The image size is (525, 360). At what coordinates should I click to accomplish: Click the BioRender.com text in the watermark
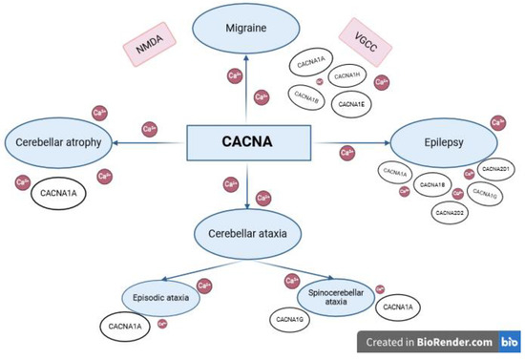click(x=456, y=341)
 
